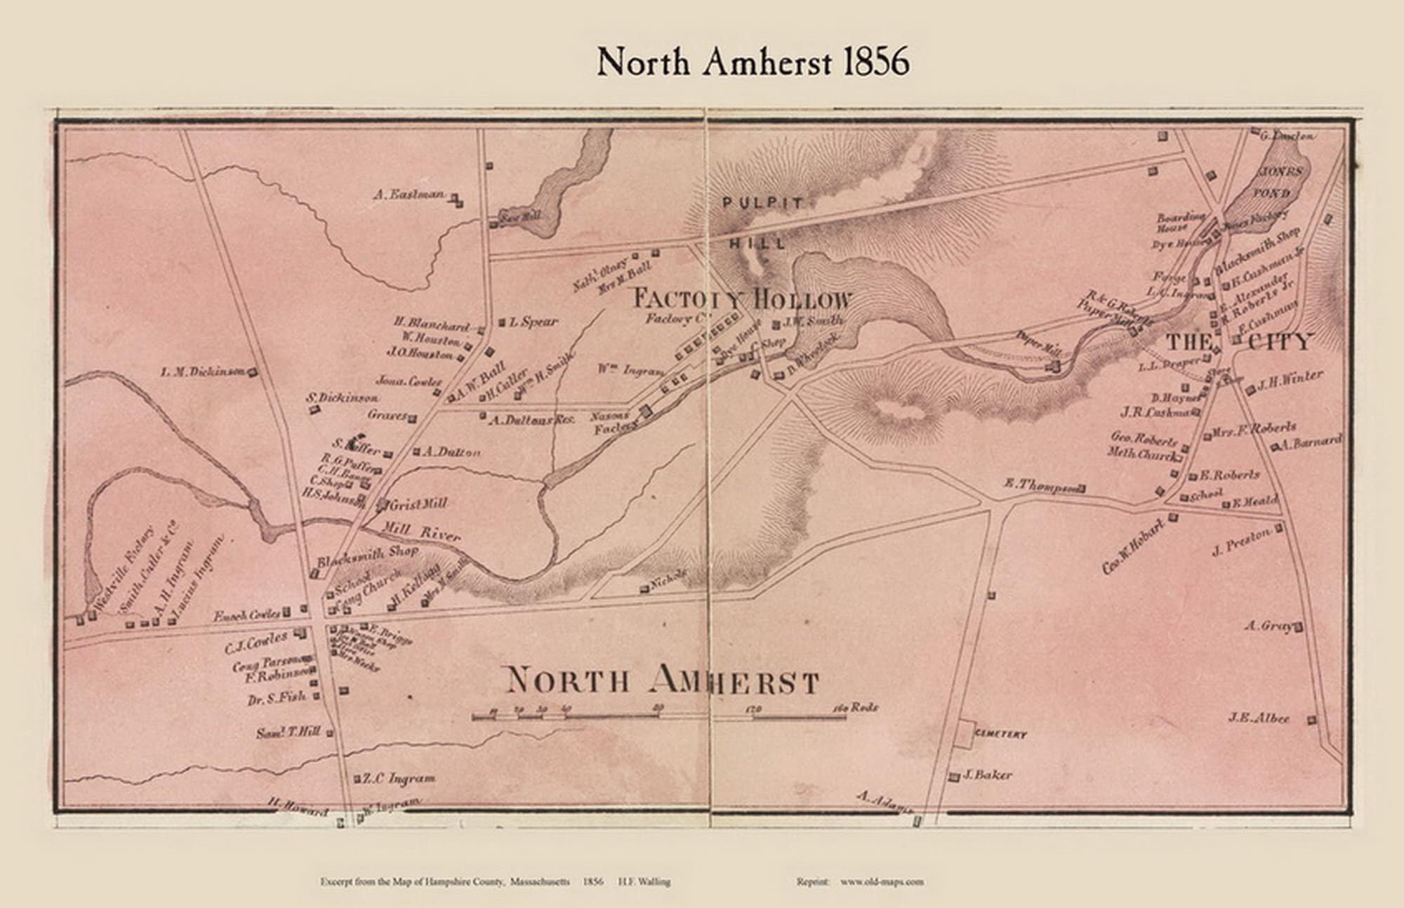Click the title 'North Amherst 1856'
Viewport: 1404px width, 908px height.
pyautogui.click(x=753, y=62)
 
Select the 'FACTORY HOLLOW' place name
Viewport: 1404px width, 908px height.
pyautogui.click(x=742, y=300)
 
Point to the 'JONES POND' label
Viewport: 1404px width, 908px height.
pyautogui.click(x=1284, y=182)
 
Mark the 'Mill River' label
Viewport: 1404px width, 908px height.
pyautogui.click(x=422, y=531)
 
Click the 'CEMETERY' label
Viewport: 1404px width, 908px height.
pyautogui.click(x=1000, y=735)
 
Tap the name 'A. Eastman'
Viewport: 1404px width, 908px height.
pyautogui.click(x=409, y=195)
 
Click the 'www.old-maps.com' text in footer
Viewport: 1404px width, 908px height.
pyautogui.click(x=882, y=881)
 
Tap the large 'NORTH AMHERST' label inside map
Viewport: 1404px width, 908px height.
pyautogui.click(x=662, y=680)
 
